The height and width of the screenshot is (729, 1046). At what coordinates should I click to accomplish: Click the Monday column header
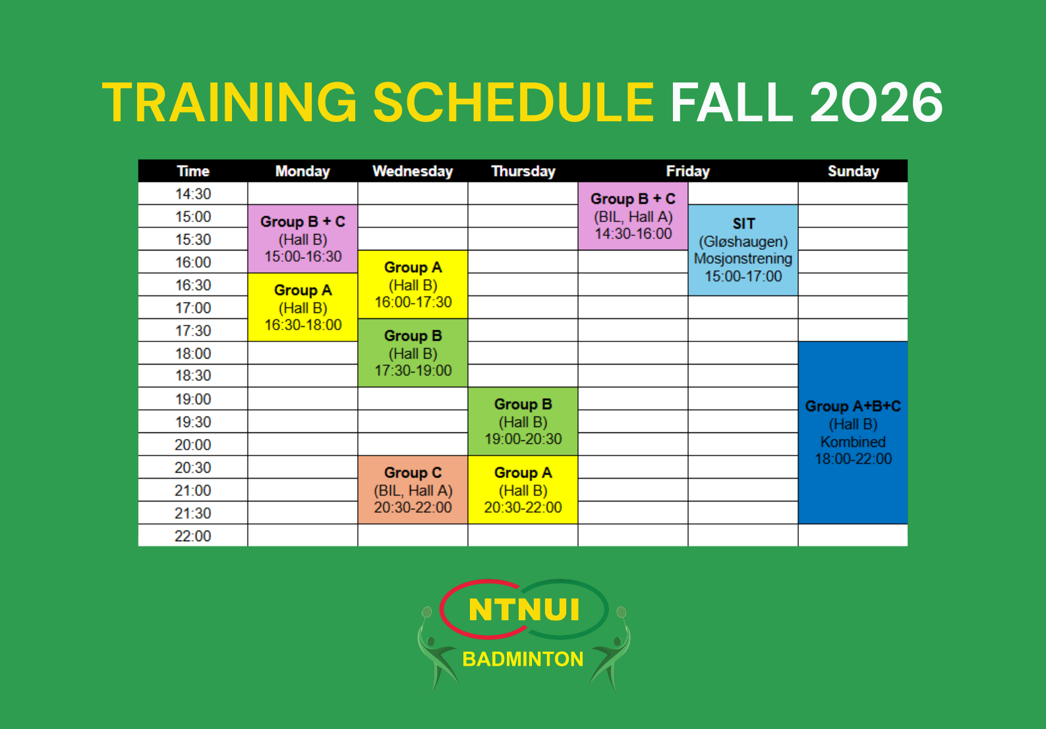coord(303,171)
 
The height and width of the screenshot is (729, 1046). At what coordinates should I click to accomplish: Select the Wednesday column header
coord(413,171)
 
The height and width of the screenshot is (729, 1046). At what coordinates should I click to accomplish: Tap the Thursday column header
coord(523,171)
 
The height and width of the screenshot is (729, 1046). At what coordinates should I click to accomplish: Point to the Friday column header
coord(688,171)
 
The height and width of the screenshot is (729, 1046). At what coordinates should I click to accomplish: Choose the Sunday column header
coord(853,171)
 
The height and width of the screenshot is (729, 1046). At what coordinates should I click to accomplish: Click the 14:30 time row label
coord(193,194)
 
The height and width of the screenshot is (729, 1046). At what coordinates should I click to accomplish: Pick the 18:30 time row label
coord(193,376)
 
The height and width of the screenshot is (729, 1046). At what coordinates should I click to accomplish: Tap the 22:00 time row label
coord(193,536)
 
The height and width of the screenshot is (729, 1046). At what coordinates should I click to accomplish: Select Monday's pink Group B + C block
coord(303,239)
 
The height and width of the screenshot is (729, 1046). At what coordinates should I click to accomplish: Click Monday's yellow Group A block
coord(303,307)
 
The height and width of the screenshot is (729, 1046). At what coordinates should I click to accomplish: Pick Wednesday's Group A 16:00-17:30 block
coord(413,284)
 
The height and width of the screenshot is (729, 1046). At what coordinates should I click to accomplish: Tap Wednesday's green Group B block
coord(413,353)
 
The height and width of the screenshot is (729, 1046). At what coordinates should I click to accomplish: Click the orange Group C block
coord(413,490)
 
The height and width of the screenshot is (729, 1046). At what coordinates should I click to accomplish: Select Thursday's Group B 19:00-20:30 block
coord(523,421)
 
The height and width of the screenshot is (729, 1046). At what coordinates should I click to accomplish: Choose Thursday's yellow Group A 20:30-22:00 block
coord(523,490)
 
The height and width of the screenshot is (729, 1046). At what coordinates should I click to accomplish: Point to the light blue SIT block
coord(743,250)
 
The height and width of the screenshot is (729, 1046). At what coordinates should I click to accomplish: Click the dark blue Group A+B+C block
coord(853,432)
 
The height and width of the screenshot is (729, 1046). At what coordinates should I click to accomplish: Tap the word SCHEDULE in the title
coord(513,102)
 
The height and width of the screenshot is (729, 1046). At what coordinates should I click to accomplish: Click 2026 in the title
coord(876,102)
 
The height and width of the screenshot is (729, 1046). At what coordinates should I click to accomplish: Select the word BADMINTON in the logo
coord(523,659)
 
